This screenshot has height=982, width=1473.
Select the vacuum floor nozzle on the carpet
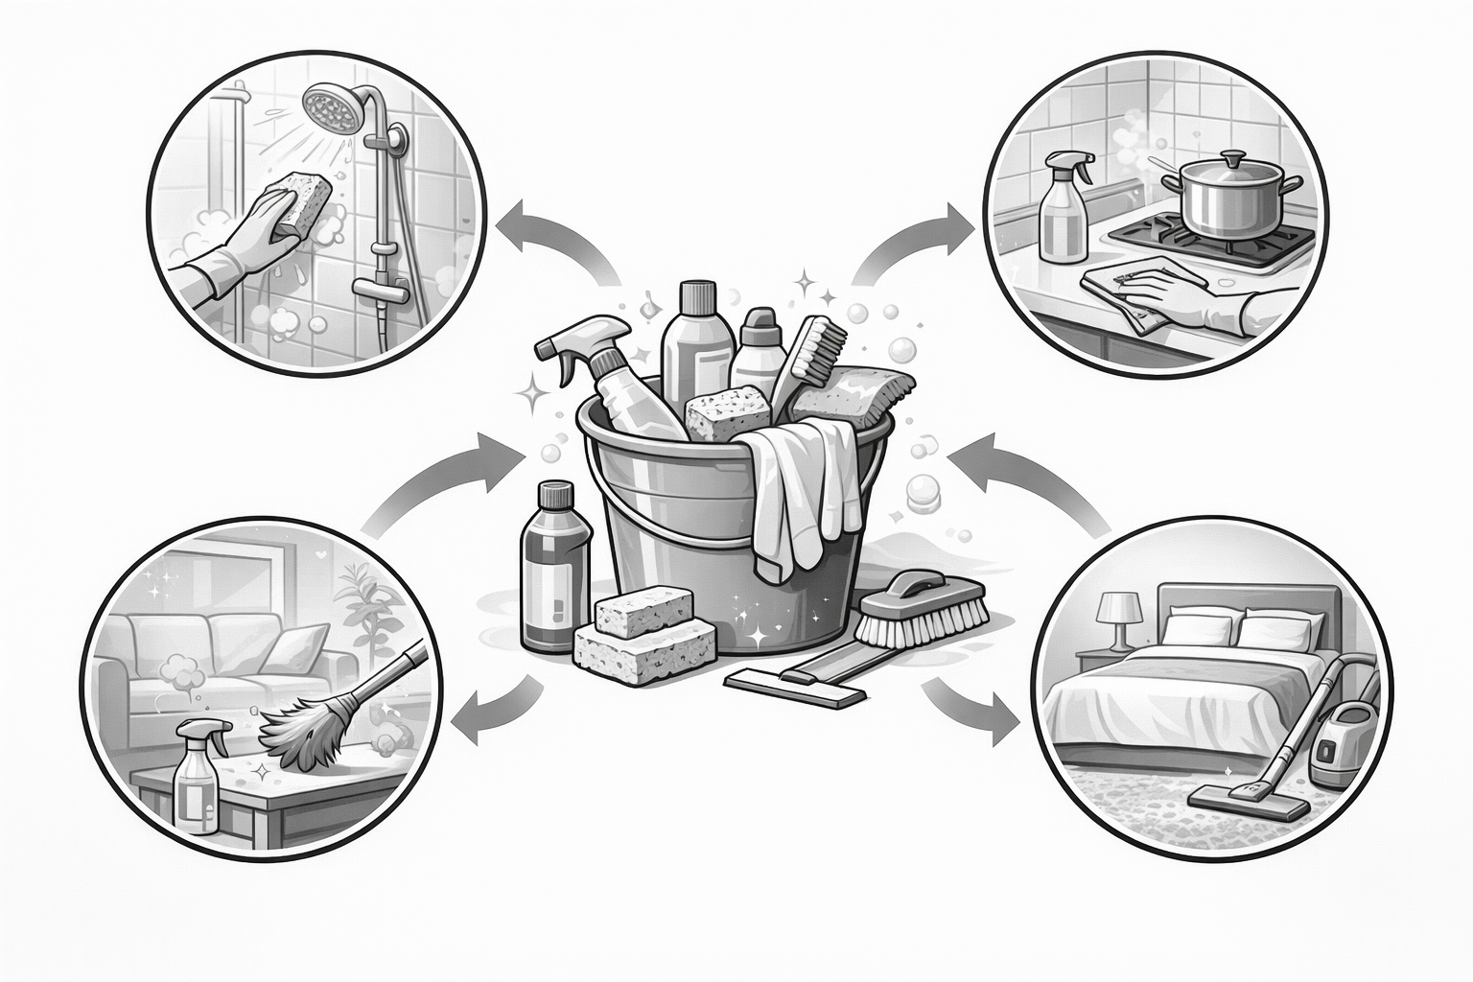(x=1247, y=799)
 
